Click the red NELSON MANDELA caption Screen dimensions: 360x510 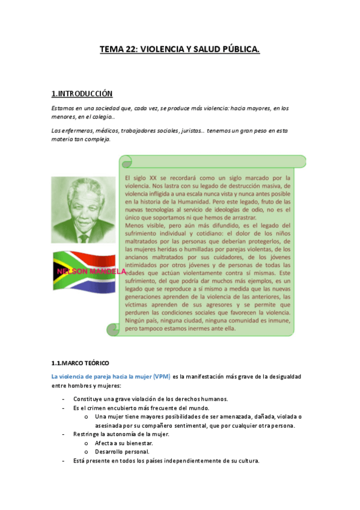(91, 272)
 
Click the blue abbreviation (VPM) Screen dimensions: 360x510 (161, 376)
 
